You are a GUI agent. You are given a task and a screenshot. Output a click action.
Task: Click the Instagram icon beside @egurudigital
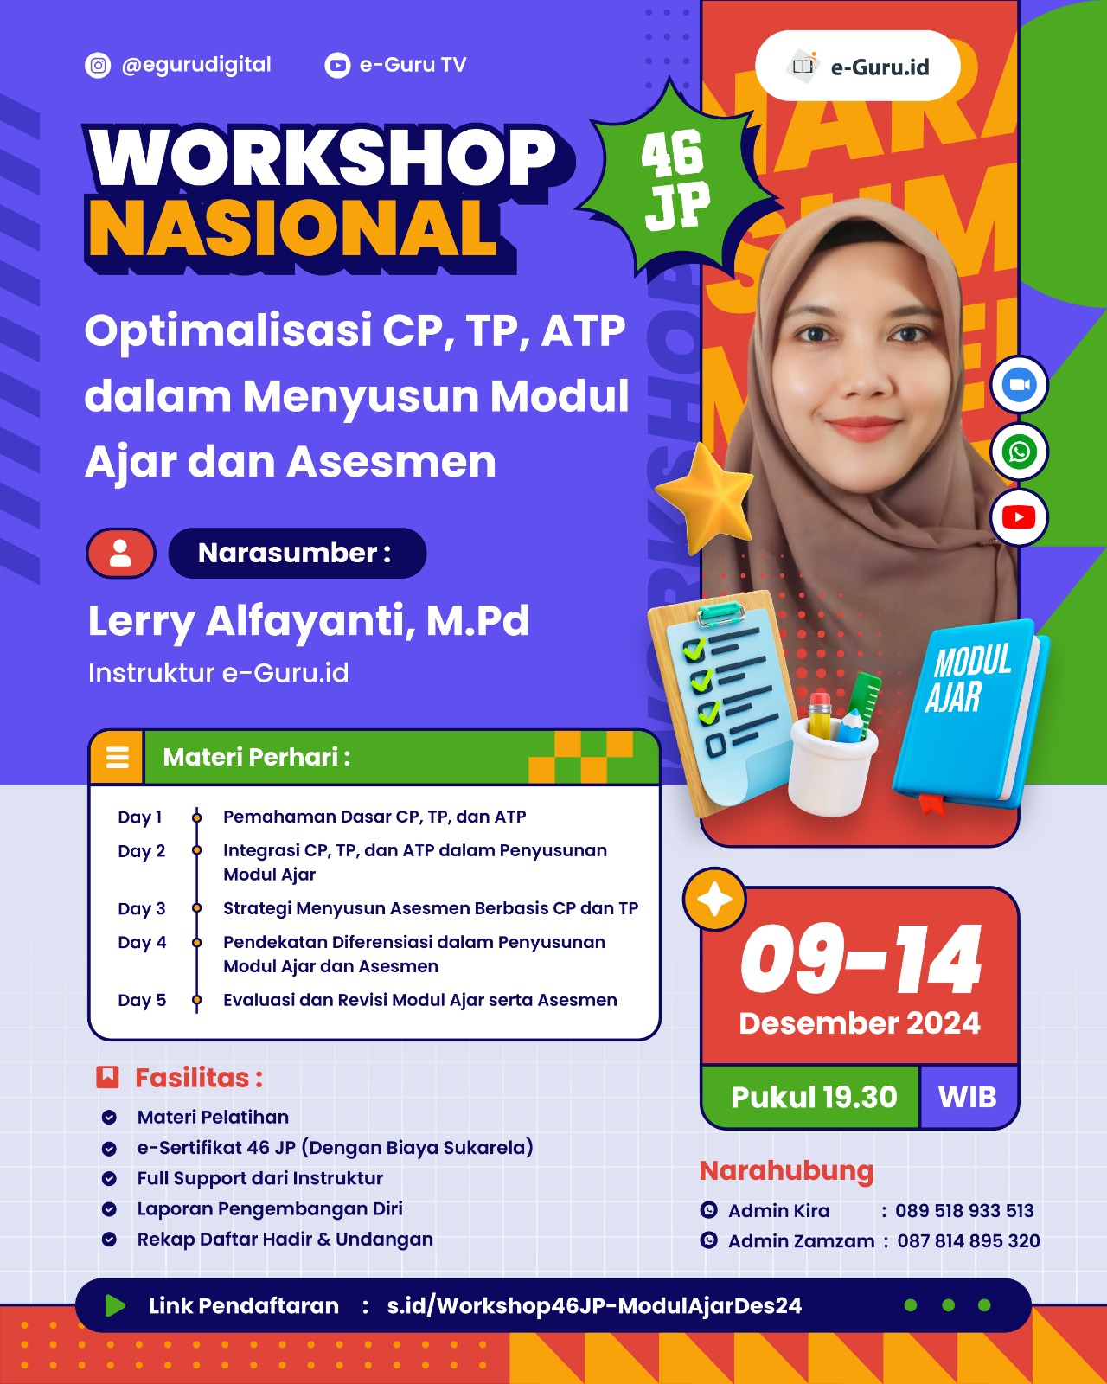(98, 65)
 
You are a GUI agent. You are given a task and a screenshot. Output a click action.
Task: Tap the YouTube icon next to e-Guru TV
(337, 65)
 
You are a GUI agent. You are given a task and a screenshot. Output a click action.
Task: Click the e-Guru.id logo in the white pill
(857, 66)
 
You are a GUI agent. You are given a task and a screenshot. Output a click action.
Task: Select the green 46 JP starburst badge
(676, 180)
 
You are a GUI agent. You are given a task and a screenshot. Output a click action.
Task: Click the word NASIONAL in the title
(293, 228)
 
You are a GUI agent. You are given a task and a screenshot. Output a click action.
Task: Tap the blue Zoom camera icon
(1019, 385)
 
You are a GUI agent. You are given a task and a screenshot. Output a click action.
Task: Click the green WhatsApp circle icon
(1019, 451)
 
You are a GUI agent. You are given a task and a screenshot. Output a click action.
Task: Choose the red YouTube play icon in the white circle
(1019, 517)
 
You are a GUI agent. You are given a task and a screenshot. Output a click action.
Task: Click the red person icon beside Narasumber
(121, 553)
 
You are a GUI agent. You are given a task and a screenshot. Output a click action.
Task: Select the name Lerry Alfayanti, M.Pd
(309, 621)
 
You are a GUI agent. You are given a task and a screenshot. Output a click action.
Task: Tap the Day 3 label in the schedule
(142, 909)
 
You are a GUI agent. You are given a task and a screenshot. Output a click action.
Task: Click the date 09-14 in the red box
(861, 959)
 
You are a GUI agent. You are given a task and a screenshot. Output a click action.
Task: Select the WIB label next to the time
(968, 1097)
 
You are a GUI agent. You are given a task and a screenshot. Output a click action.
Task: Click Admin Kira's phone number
(964, 1210)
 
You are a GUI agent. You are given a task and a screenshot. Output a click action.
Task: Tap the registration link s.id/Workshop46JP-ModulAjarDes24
(594, 1306)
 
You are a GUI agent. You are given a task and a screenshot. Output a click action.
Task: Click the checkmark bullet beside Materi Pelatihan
(109, 1117)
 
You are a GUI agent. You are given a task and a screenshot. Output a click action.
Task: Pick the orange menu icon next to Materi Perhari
(117, 757)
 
